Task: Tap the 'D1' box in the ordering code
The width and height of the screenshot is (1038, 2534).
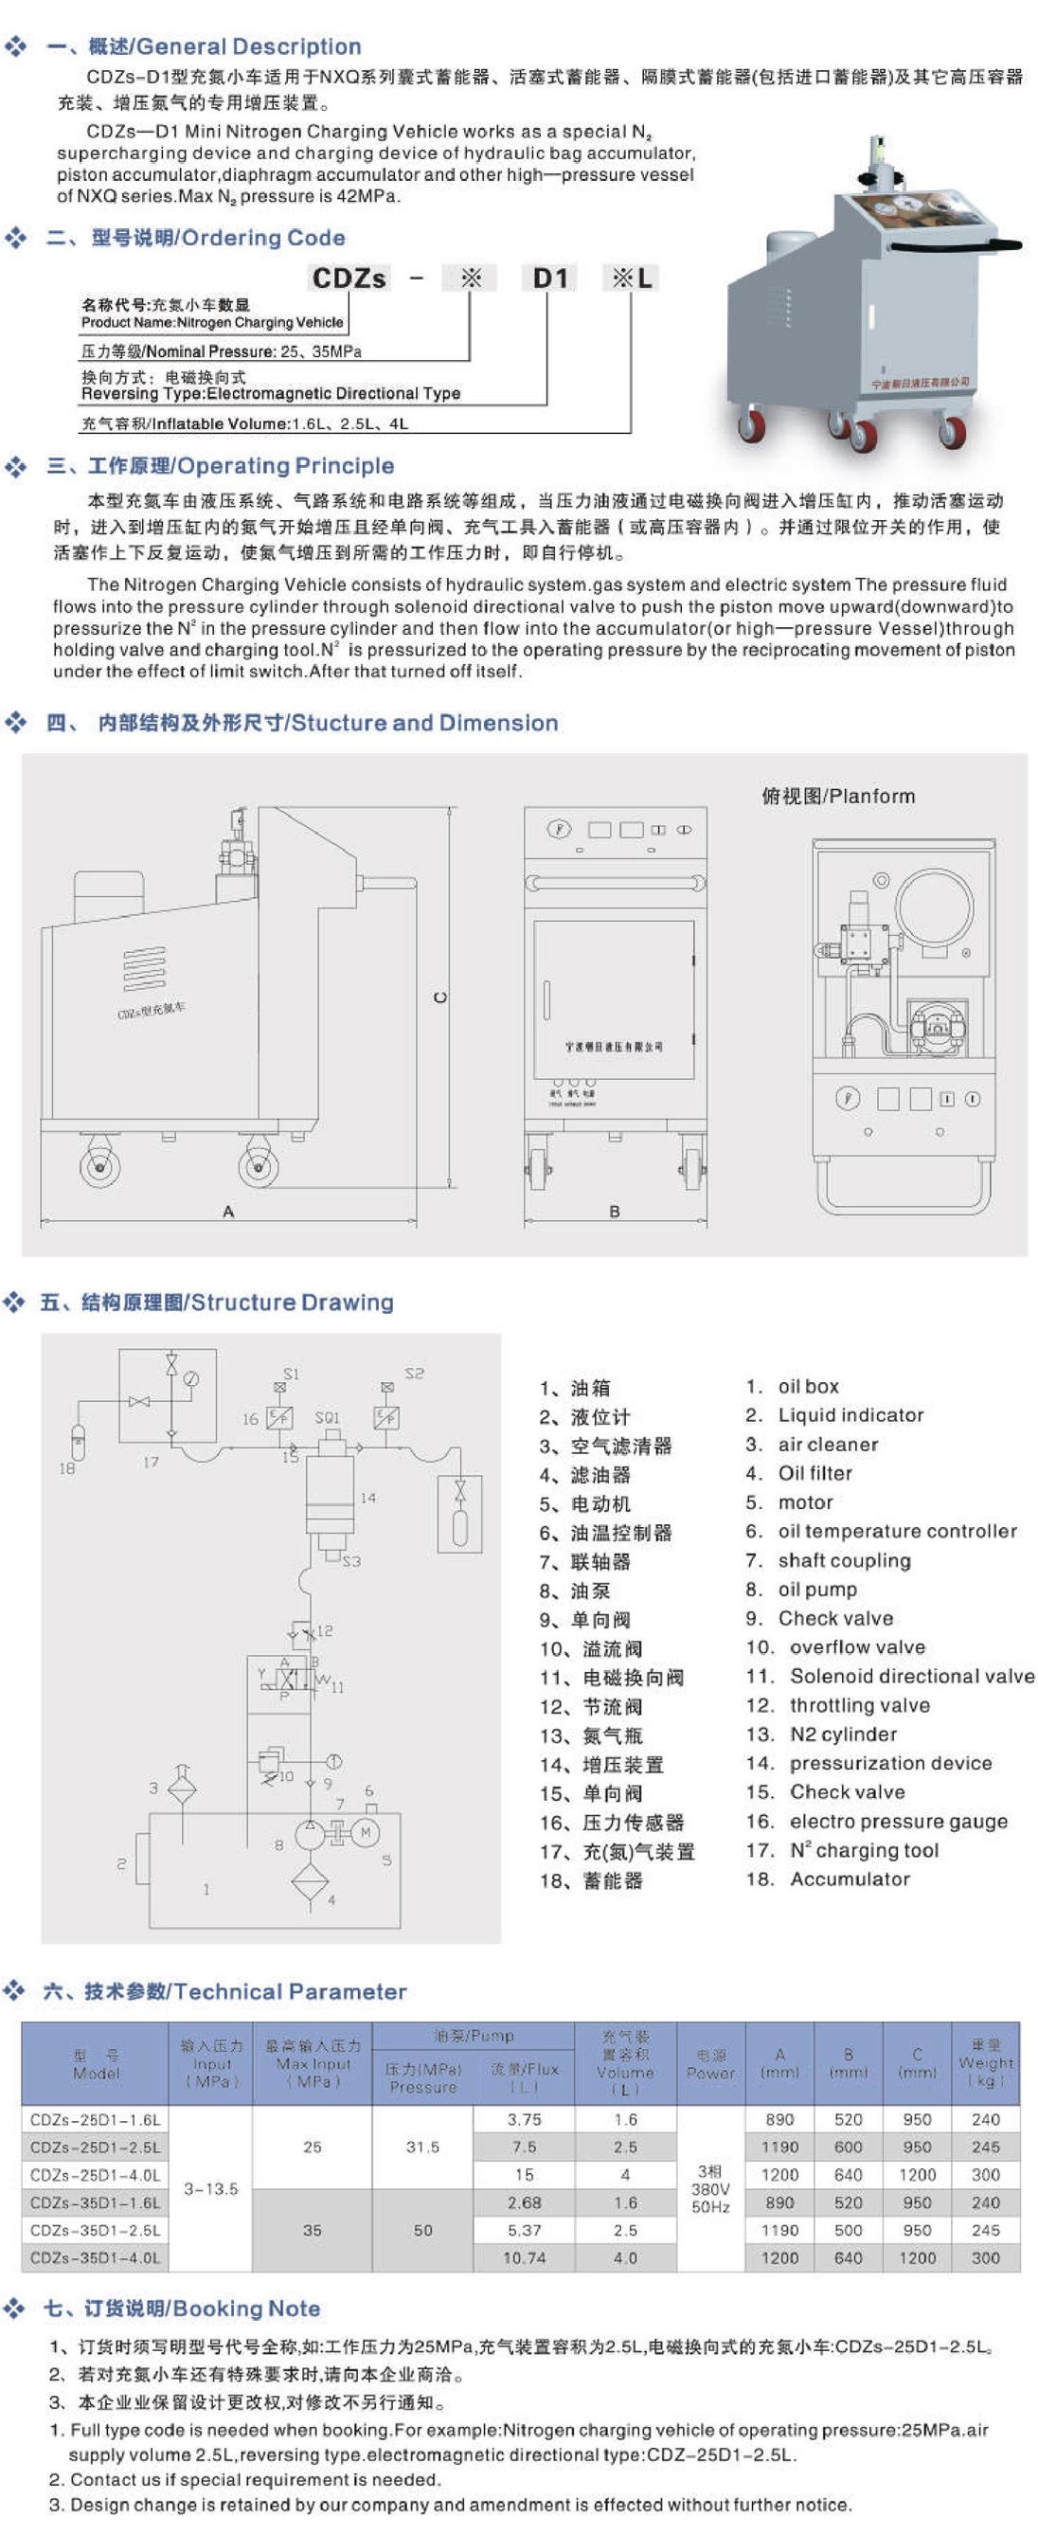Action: [x=549, y=279]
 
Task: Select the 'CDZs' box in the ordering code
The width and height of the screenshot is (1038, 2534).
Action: [x=349, y=279]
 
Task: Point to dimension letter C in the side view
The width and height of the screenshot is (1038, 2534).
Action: [x=439, y=997]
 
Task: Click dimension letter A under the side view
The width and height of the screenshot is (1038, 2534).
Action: [x=228, y=1211]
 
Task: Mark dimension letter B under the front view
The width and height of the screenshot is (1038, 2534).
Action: [x=615, y=1211]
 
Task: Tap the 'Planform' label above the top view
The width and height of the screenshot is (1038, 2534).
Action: [x=837, y=796]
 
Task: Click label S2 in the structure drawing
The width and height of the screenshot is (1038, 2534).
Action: [x=414, y=1374]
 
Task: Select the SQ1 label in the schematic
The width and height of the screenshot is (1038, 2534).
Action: [x=327, y=1417]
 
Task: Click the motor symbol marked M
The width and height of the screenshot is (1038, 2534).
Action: [x=365, y=1832]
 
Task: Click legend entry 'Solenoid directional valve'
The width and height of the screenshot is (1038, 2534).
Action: [x=911, y=1675]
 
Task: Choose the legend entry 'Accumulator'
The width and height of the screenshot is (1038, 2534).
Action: [x=850, y=1878]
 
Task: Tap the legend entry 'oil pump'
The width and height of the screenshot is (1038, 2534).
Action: [x=816, y=1589]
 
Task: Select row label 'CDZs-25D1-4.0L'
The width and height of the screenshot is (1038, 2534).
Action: [x=95, y=2174]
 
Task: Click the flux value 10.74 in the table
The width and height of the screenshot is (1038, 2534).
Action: [x=524, y=2257]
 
